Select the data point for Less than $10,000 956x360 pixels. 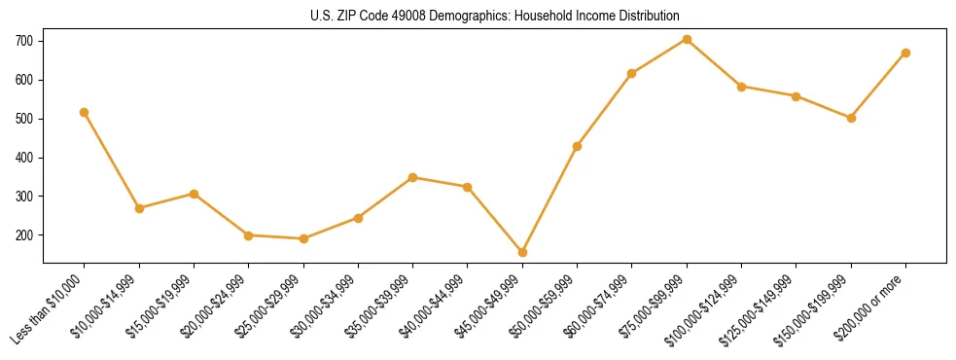click(85, 112)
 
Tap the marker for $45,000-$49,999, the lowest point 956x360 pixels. click(523, 252)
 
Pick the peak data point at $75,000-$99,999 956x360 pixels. click(688, 39)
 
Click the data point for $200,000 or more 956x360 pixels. click(906, 53)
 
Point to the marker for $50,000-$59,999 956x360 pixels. click(578, 146)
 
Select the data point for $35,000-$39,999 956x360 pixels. click(413, 177)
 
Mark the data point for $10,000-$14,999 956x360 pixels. click(139, 208)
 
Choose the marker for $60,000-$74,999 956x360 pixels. click(632, 73)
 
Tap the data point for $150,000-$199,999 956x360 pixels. click(852, 118)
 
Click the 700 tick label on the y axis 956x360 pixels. click(23, 41)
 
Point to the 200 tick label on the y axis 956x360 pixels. click(23, 235)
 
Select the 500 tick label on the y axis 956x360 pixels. click(23, 119)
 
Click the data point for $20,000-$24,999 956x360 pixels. click(249, 235)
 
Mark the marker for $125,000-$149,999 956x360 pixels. click(797, 96)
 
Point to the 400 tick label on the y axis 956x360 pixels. click(23, 158)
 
